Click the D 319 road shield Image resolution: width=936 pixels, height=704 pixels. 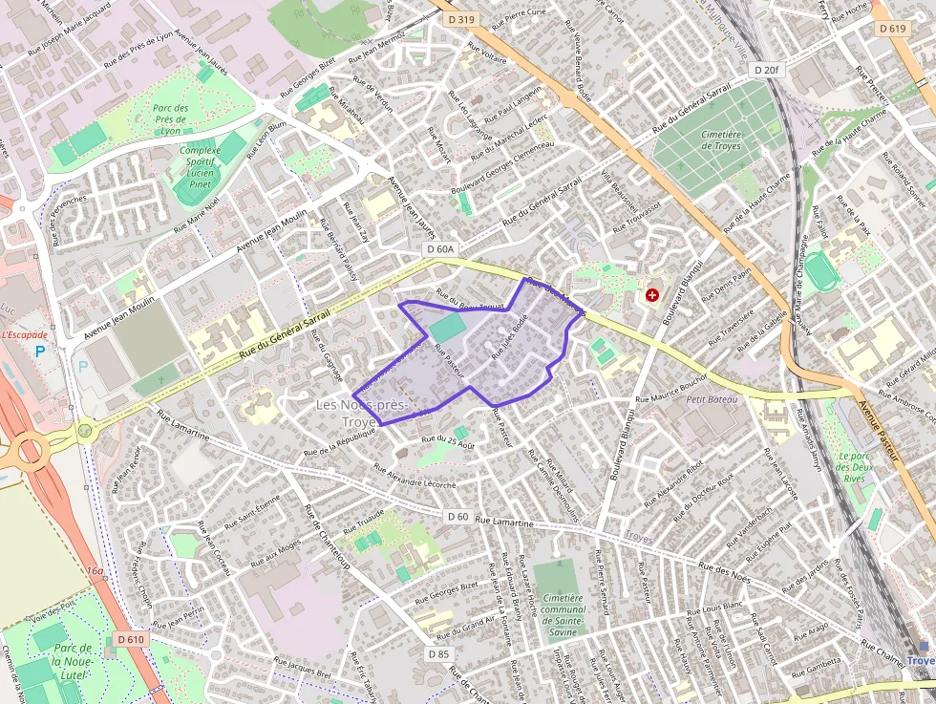(459, 19)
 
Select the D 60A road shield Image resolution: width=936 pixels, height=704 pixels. (440, 249)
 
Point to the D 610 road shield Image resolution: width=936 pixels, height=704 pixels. (131, 639)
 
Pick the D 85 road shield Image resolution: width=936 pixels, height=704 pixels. (438, 653)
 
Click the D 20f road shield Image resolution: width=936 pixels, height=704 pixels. (766, 70)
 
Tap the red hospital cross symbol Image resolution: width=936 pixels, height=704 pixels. (653, 295)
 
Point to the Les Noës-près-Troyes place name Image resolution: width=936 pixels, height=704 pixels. (362, 414)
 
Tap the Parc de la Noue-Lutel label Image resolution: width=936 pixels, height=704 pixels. (59, 661)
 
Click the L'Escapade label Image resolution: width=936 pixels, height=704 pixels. (24, 334)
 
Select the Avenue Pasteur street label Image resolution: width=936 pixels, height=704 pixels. (880, 431)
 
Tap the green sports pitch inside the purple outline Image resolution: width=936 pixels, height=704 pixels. (448, 331)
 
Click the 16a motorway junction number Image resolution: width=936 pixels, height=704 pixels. (94, 571)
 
